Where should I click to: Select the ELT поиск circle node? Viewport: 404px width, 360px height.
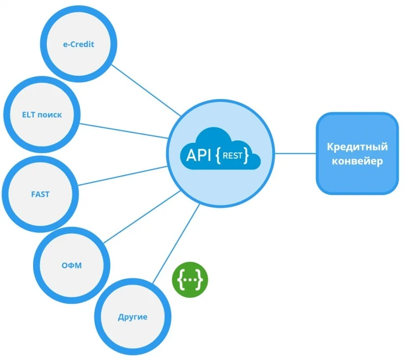click(x=42, y=115)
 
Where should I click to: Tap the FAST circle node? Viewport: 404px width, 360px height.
click(x=40, y=193)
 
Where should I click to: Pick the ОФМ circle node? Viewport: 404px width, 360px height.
click(x=71, y=265)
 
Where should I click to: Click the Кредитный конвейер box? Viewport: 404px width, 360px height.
click(x=357, y=154)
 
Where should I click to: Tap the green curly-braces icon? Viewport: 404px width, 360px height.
click(x=190, y=279)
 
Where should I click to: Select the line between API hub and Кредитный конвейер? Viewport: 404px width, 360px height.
click(x=295, y=153)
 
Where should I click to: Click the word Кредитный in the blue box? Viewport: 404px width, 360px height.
click(x=357, y=147)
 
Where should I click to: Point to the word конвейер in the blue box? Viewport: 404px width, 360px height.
click(x=357, y=161)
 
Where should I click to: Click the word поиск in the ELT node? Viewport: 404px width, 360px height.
click(x=50, y=115)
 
